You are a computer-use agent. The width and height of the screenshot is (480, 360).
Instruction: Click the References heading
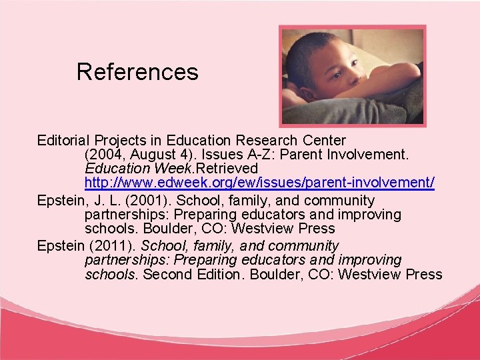[x=137, y=72]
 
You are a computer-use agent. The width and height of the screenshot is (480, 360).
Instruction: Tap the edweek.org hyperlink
[x=260, y=182]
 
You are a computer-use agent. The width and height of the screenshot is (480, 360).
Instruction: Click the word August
[x=157, y=155]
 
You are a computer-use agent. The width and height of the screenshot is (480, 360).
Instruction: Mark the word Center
[x=325, y=141]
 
